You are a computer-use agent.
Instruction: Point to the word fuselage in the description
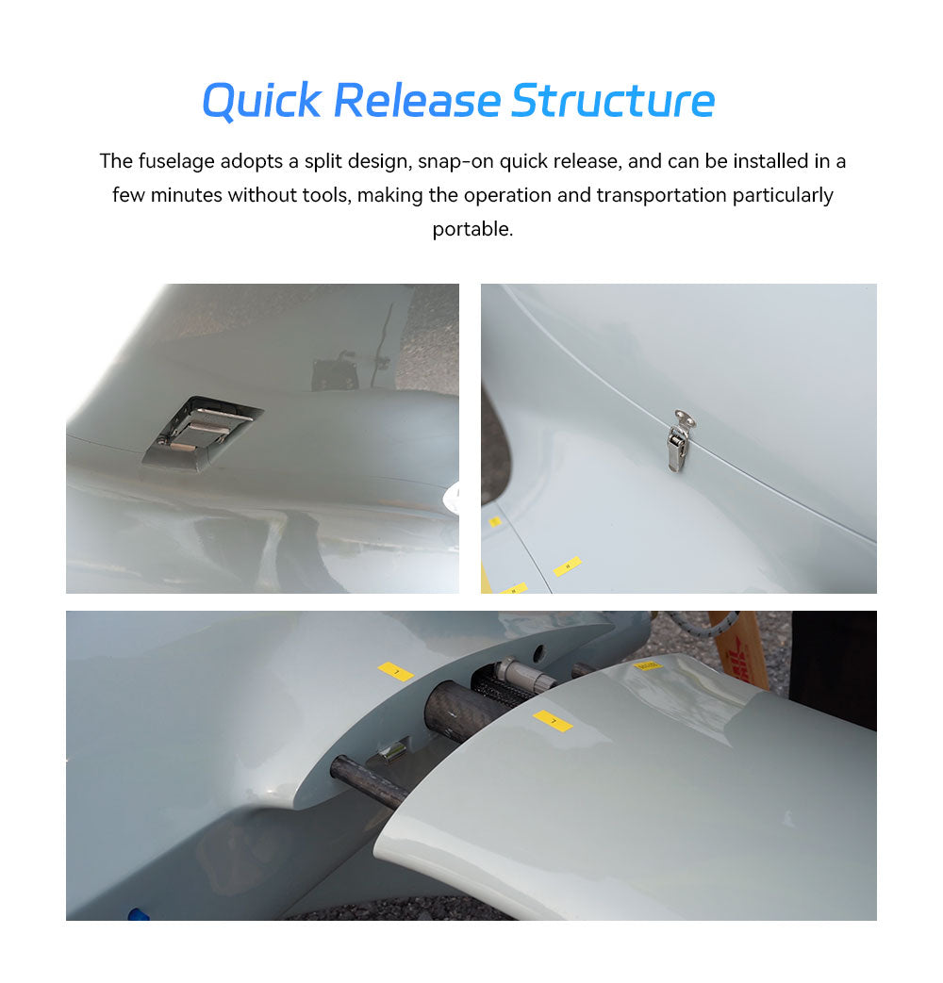pyautogui.click(x=176, y=161)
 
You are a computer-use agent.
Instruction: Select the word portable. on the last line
pyautogui.click(x=472, y=229)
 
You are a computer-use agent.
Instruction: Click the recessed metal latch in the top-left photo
pyautogui.click(x=201, y=433)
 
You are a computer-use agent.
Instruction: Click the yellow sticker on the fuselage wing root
pyautogui.click(x=396, y=672)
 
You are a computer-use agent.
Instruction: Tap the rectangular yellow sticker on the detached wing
pyautogui.click(x=553, y=721)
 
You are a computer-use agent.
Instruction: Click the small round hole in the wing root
pyautogui.click(x=538, y=652)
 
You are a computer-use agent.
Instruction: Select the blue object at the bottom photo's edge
pyautogui.click(x=138, y=914)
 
